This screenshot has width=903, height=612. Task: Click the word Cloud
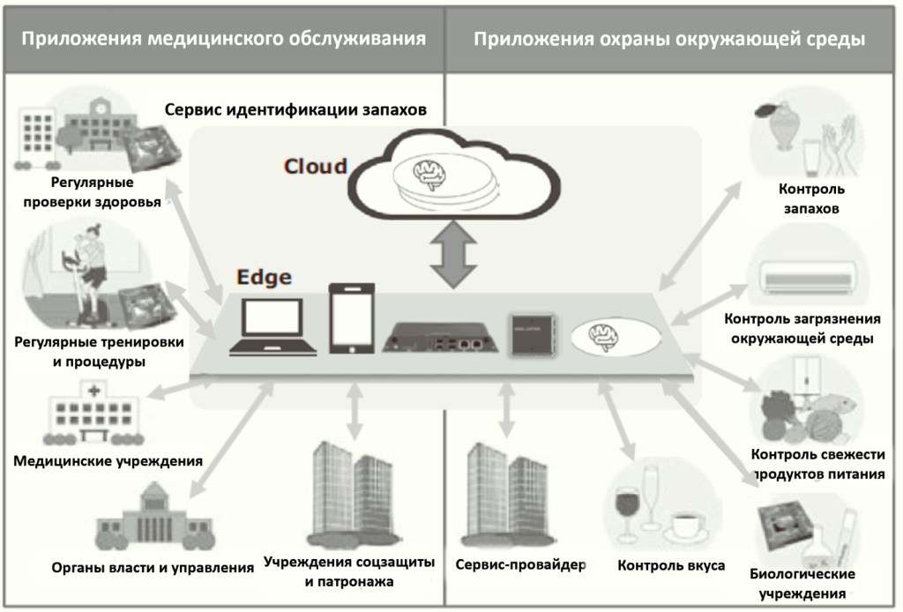(x=315, y=166)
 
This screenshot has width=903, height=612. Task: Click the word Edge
(x=263, y=277)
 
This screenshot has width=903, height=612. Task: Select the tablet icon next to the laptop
(x=351, y=318)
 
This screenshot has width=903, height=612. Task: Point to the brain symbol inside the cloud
(x=432, y=170)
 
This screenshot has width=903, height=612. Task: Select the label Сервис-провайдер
(x=521, y=564)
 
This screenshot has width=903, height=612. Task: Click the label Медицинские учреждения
(x=108, y=460)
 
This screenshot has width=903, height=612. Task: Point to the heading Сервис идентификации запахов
(x=296, y=110)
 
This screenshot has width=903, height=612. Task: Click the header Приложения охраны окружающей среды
(x=668, y=39)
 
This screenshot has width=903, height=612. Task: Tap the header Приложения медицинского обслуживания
(x=224, y=39)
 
